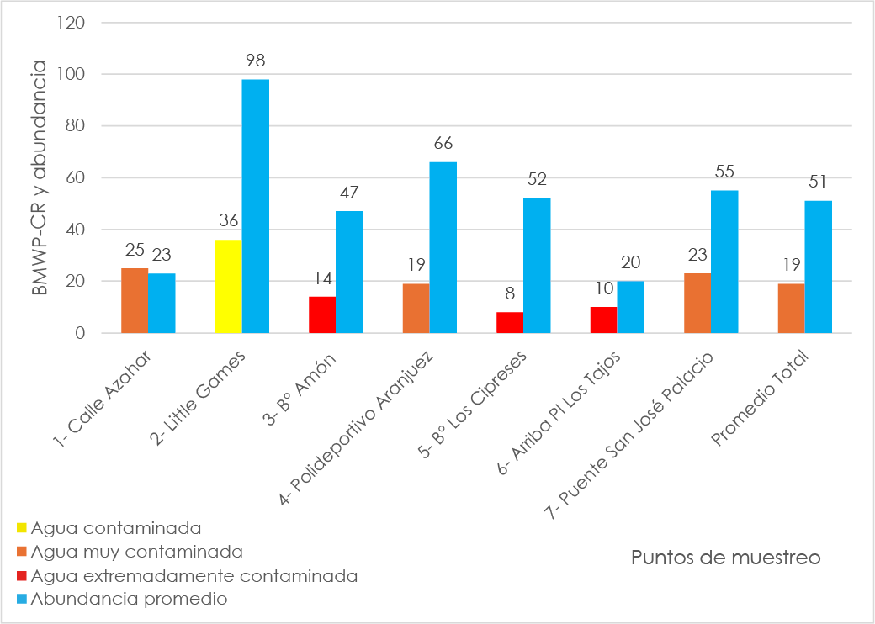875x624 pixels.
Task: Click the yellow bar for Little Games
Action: (x=228, y=287)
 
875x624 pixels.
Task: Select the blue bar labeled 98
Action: (x=255, y=206)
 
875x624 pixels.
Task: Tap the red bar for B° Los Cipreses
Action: (x=509, y=323)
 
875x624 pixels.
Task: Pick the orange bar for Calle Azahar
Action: (x=135, y=301)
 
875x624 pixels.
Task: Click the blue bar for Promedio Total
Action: (x=818, y=267)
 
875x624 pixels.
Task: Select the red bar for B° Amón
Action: (x=321, y=315)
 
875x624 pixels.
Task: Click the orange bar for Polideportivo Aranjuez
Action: (x=416, y=309)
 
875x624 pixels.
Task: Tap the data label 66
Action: (x=443, y=144)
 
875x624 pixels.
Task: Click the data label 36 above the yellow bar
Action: (x=228, y=222)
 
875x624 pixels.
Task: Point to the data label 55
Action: (x=724, y=172)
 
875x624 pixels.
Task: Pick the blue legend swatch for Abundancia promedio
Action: (x=22, y=600)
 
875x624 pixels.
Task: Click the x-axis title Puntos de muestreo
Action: (x=725, y=558)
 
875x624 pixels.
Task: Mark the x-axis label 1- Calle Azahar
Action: (x=109, y=399)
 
